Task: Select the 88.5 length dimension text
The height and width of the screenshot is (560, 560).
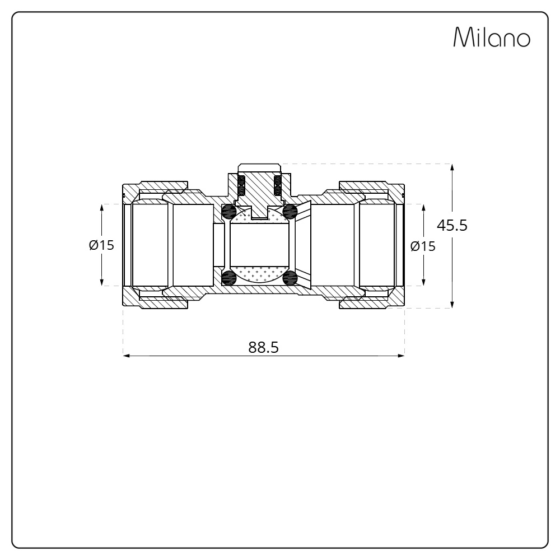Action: click(x=263, y=347)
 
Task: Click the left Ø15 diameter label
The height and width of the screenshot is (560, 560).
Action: click(x=101, y=245)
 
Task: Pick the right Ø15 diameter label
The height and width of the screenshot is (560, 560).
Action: click(x=423, y=246)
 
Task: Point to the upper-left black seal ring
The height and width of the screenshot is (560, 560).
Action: click(x=228, y=211)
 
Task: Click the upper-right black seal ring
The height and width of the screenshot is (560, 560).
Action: click(x=290, y=211)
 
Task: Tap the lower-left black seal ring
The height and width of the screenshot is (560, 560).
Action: click(x=228, y=278)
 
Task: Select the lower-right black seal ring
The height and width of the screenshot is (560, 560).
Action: click(x=290, y=278)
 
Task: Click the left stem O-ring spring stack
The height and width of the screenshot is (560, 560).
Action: click(x=242, y=185)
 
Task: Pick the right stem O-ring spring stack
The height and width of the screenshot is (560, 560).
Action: click(x=276, y=185)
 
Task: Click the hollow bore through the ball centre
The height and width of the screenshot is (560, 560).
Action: click(x=259, y=244)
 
